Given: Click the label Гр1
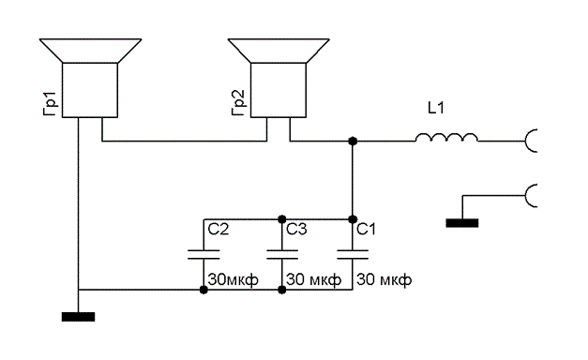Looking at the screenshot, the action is (50, 103).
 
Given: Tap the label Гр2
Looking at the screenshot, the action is (238, 103).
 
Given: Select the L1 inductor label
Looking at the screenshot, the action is (436, 109).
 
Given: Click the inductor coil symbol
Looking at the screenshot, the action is (446, 137).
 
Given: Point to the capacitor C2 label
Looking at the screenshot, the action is (219, 229).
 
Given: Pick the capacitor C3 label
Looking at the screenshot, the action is (296, 229).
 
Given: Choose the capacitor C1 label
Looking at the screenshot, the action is (366, 229).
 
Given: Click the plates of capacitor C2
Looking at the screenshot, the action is (204, 255).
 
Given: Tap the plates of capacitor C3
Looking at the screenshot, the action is (282, 255).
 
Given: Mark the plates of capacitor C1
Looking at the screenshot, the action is (353, 255).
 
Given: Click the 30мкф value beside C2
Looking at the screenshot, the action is (234, 280).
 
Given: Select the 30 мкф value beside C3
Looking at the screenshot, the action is (314, 280).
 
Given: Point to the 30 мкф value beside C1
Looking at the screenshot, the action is (384, 280).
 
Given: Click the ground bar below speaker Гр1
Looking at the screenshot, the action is (78, 317).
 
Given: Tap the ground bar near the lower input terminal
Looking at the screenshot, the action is (462, 223).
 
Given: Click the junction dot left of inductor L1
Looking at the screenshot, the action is (353, 141).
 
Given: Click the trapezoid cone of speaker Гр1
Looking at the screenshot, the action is (90, 51).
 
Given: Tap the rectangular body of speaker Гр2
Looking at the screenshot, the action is (279, 90).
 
